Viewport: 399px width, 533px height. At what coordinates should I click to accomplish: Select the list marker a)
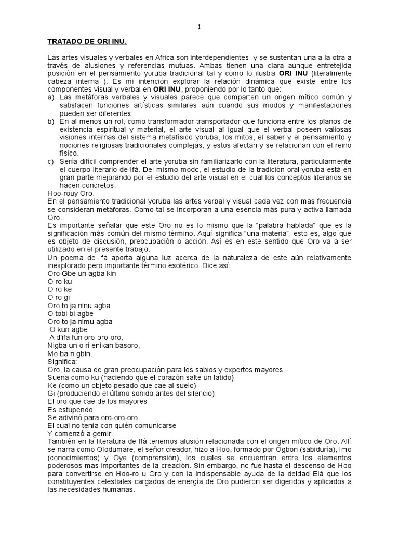(x=50, y=97)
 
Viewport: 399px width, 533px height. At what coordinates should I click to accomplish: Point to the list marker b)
(x=50, y=121)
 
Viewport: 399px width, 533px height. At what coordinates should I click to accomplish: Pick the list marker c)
(x=50, y=161)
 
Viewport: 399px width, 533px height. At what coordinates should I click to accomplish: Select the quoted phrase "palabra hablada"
(x=271, y=225)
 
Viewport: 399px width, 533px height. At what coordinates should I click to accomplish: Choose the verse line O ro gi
(x=58, y=297)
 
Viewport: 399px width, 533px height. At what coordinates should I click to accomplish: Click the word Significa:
(x=62, y=361)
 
